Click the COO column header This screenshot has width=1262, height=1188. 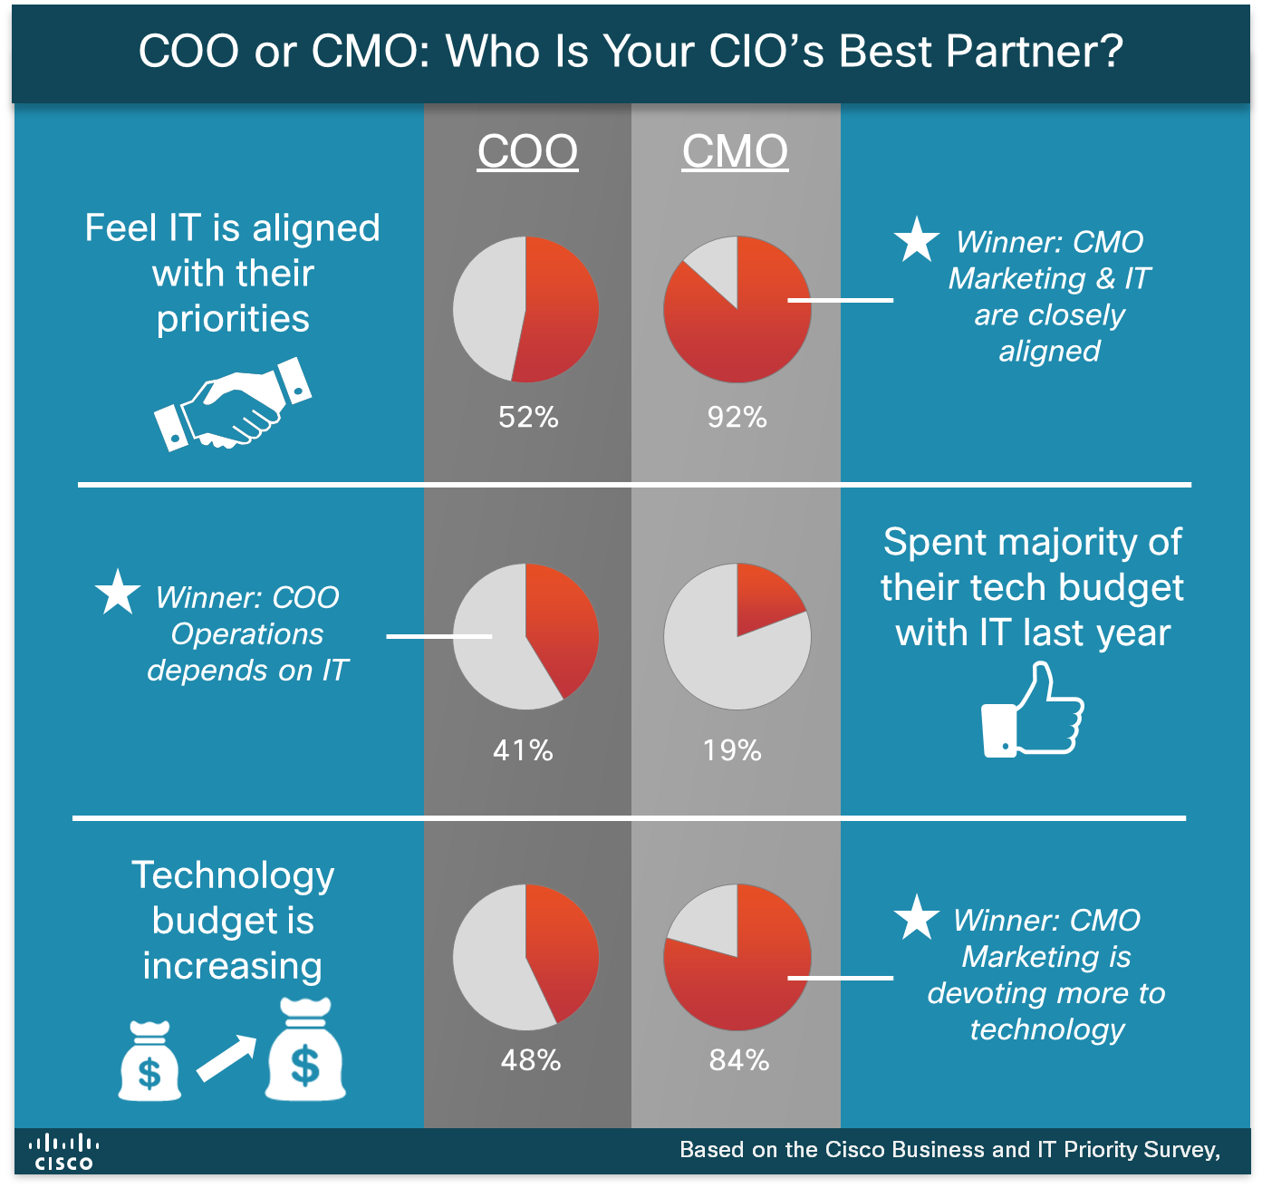pyautogui.click(x=527, y=151)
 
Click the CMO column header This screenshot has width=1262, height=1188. pyautogui.click(x=735, y=151)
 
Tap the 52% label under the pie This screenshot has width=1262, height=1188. pyautogui.click(x=528, y=417)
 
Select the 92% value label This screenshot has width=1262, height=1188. pyautogui.click(x=737, y=417)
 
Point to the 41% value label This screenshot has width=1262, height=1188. pyautogui.click(x=523, y=750)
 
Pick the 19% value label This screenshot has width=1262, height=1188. pyautogui.click(x=732, y=750)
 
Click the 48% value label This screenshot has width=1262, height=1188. pyautogui.click(x=531, y=1060)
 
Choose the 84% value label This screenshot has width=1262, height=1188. pyautogui.click(x=739, y=1060)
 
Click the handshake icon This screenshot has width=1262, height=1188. pyautogui.click(x=233, y=405)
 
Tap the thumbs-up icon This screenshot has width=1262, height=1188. pyautogui.click(x=1033, y=711)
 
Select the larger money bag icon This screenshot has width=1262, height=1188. pyautogui.click(x=305, y=1051)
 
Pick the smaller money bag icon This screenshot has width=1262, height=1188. pyautogui.click(x=149, y=1062)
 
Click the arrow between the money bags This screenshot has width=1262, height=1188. pyautogui.click(x=226, y=1058)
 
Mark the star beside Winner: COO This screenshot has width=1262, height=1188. pyautogui.click(x=118, y=593)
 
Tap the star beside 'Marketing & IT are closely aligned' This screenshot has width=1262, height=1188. pyautogui.click(x=916, y=240)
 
